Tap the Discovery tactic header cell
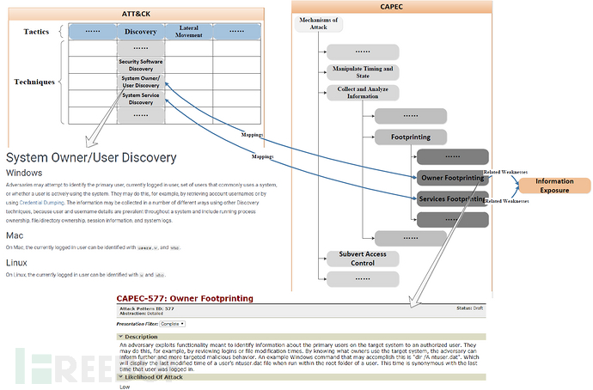pyautogui.click(x=140, y=32)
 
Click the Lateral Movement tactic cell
pyautogui.click(x=188, y=32)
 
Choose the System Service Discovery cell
pyautogui.click(x=140, y=98)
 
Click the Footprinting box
pyautogui.click(x=411, y=136)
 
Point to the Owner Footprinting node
pyautogui.click(x=453, y=178)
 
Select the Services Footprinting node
pyautogui.click(x=453, y=198)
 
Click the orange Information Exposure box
pyautogui.click(x=554, y=186)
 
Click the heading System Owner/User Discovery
pyautogui.click(x=91, y=158)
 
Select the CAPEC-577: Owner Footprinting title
pyautogui.click(x=185, y=297)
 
